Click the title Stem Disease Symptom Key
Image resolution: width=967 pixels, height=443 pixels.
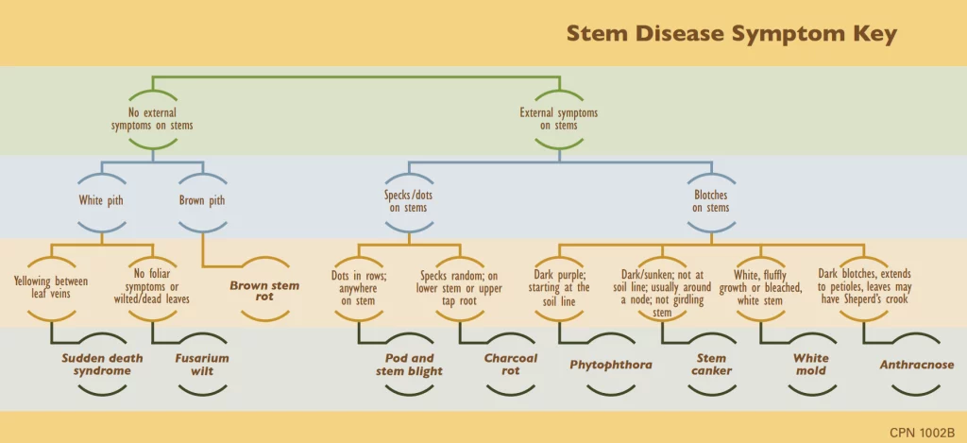[731, 34]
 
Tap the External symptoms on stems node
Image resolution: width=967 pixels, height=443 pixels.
[559, 119]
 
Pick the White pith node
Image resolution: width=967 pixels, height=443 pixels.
[101, 200]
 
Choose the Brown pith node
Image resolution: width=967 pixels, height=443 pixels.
[202, 200]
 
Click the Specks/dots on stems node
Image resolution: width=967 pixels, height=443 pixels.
[408, 201]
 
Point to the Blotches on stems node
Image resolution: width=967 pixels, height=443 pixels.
[711, 201]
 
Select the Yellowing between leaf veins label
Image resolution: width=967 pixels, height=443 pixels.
[52, 286]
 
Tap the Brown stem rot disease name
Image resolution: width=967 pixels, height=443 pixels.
[264, 292]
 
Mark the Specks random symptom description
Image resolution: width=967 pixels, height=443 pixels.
[460, 287]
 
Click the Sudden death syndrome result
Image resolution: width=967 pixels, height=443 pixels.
[96, 365]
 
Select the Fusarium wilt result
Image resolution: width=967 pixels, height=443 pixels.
[202, 365]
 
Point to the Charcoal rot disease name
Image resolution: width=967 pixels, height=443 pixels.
[510, 365]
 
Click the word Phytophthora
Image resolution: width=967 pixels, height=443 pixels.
[611, 365]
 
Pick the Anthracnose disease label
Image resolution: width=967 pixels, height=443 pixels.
[916, 365]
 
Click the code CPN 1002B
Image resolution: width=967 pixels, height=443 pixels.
[922, 432]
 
